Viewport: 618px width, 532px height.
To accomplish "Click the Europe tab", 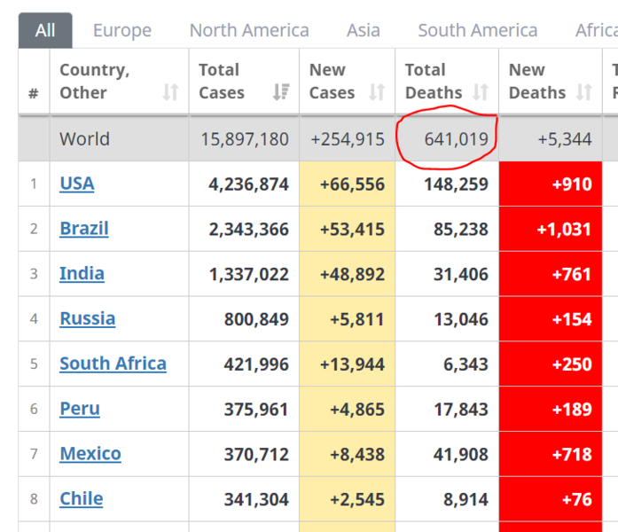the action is click(122, 30).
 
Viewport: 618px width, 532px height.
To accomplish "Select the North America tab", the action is click(249, 30).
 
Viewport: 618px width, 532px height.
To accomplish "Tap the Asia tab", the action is click(364, 30).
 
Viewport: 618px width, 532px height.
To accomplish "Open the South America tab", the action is click(478, 30).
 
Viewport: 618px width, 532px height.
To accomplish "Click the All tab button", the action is click(45, 30).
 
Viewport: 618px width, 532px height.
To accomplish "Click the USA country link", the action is click(77, 184).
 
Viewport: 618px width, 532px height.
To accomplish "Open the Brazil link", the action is click(84, 229).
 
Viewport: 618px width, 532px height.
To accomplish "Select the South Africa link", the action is click(113, 364).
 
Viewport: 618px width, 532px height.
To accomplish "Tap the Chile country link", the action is click(82, 499).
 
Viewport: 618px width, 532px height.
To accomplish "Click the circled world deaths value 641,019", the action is click(456, 139).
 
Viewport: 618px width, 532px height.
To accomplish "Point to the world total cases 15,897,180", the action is click(245, 139).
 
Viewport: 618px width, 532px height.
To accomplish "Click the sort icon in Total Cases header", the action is click(281, 92).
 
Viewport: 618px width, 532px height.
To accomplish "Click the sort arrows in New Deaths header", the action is click(583, 92).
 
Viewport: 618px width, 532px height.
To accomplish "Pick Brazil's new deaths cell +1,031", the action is click(551, 229).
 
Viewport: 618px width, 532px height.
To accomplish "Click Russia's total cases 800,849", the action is click(256, 319).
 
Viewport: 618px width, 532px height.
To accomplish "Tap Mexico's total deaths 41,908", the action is click(461, 454).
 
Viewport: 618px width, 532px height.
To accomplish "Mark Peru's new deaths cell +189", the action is click(551, 409).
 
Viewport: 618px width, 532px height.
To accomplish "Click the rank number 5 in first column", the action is click(34, 364).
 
